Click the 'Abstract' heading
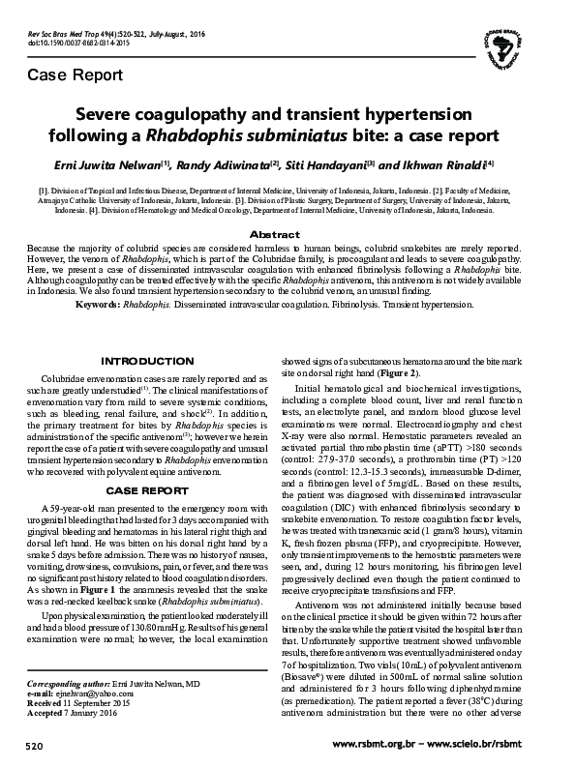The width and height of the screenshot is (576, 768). pos(287,235)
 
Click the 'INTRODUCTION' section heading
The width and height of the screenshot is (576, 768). pos(156,361)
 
